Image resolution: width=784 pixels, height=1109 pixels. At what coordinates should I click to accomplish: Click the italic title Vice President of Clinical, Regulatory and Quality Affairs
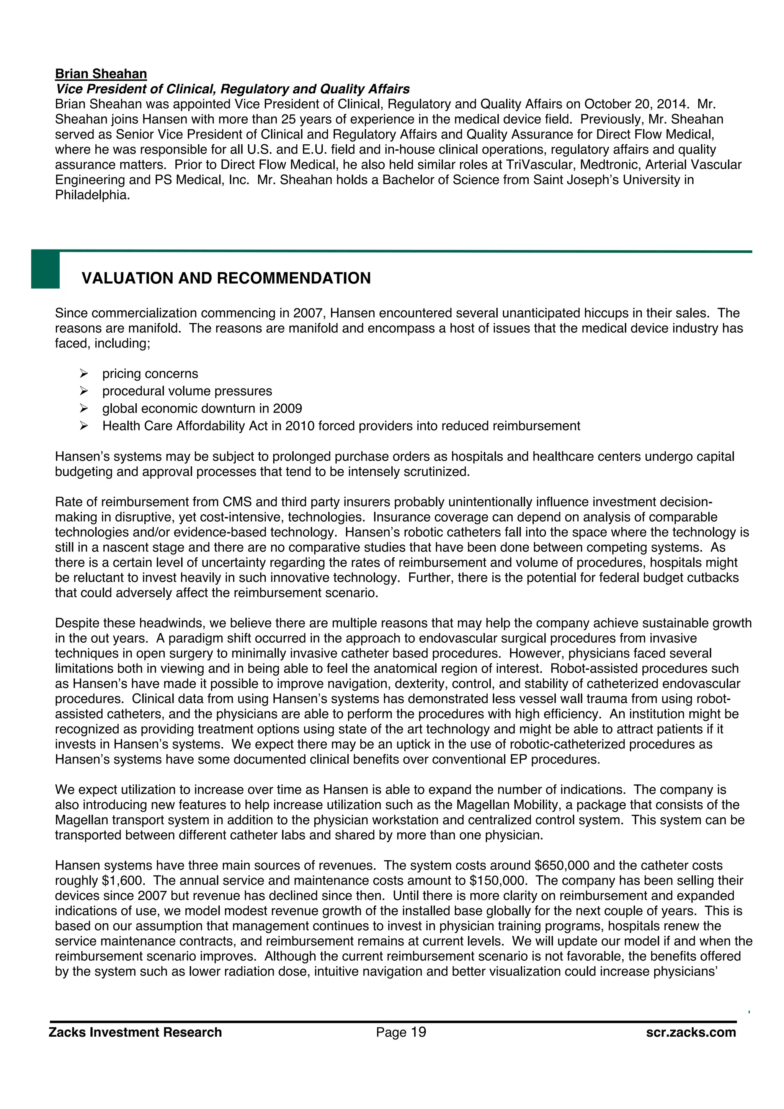point(232,89)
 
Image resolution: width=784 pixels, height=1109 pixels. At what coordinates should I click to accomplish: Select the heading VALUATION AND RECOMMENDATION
point(226,278)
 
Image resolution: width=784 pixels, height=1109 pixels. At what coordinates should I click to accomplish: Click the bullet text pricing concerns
point(150,374)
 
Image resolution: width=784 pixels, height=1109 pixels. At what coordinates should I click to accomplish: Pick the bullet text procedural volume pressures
point(187,391)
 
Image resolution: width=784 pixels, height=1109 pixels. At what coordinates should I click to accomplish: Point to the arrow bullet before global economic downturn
point(83,409)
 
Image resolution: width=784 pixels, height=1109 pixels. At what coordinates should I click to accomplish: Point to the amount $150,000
point(499,881)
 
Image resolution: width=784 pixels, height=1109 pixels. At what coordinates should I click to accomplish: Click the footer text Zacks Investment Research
point(135,1033)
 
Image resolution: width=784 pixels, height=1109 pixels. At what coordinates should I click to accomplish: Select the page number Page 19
point(401,1033)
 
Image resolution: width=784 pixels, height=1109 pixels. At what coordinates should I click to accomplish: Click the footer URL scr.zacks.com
point(691,1033)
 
